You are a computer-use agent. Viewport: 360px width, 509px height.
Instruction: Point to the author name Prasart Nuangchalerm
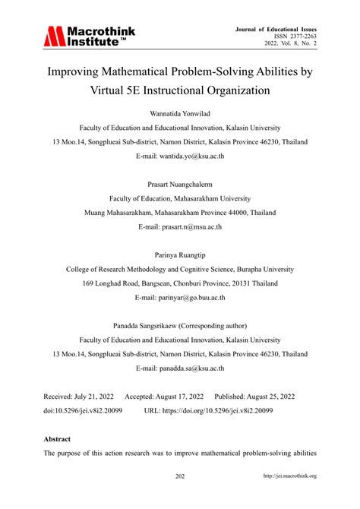pos(180,184)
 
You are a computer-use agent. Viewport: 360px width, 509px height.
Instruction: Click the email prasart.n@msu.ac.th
pos(180,226)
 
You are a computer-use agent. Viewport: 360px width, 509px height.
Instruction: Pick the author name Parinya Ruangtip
pos(180,255)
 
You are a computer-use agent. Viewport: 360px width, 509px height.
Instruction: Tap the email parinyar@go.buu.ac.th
pos(180,297)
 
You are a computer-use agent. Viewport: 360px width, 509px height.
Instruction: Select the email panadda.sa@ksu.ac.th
pos(180,368)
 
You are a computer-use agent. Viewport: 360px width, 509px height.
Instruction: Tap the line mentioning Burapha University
pos(180,269)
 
